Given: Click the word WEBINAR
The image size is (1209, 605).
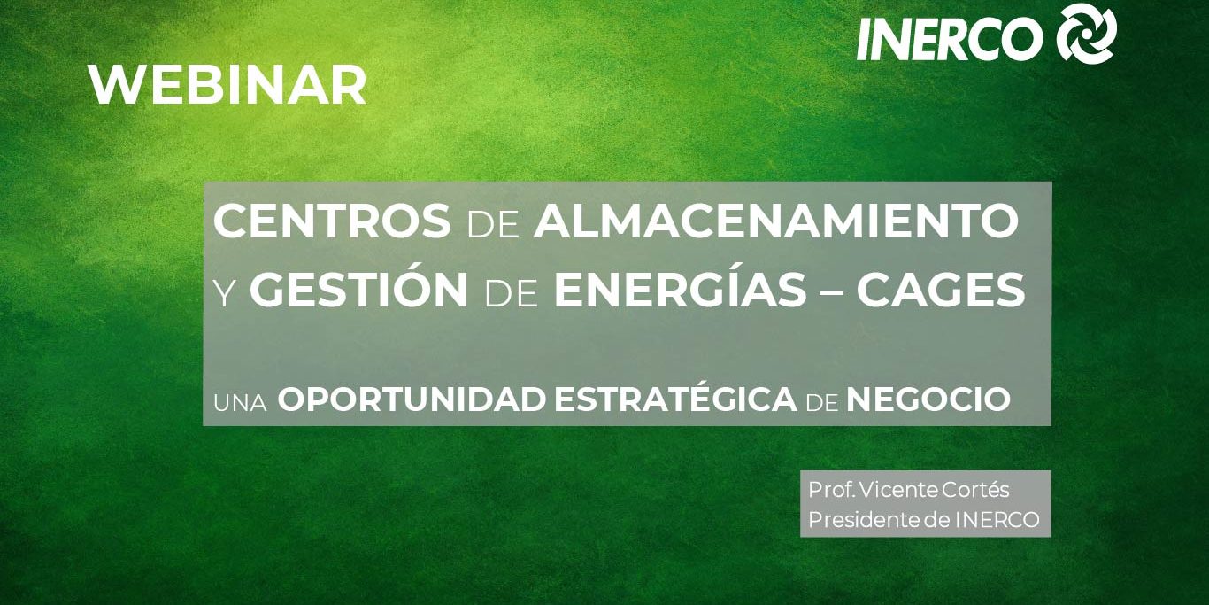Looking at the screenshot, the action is (x=227, y=85).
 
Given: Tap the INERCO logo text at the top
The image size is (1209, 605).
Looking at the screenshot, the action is (x=950, y=39).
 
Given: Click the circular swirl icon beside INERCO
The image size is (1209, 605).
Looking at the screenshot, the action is (x=1086, y=33).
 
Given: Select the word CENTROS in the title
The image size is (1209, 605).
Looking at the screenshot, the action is (x=332, y=221).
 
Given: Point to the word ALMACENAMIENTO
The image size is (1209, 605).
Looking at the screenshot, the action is (x=776, y=221).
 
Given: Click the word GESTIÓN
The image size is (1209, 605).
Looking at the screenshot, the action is (x=359, y=289).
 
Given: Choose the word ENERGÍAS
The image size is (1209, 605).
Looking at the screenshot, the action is (x=681, y=289).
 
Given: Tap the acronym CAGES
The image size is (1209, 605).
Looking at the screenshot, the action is (x=941, y=291).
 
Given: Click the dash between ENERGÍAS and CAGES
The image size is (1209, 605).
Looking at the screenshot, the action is (x=832, y=291).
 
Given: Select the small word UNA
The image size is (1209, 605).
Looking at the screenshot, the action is (x=240, y=404).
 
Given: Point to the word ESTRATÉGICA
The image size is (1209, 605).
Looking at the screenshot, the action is (x=675, y=398).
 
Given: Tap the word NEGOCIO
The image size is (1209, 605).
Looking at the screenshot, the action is (x=928, y=399).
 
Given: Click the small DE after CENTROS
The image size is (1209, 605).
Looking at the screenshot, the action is (x=493, y=225).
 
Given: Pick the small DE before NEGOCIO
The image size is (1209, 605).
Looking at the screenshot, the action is (x=822, y=404).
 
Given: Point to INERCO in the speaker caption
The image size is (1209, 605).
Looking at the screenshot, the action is (x=997, y=520).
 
